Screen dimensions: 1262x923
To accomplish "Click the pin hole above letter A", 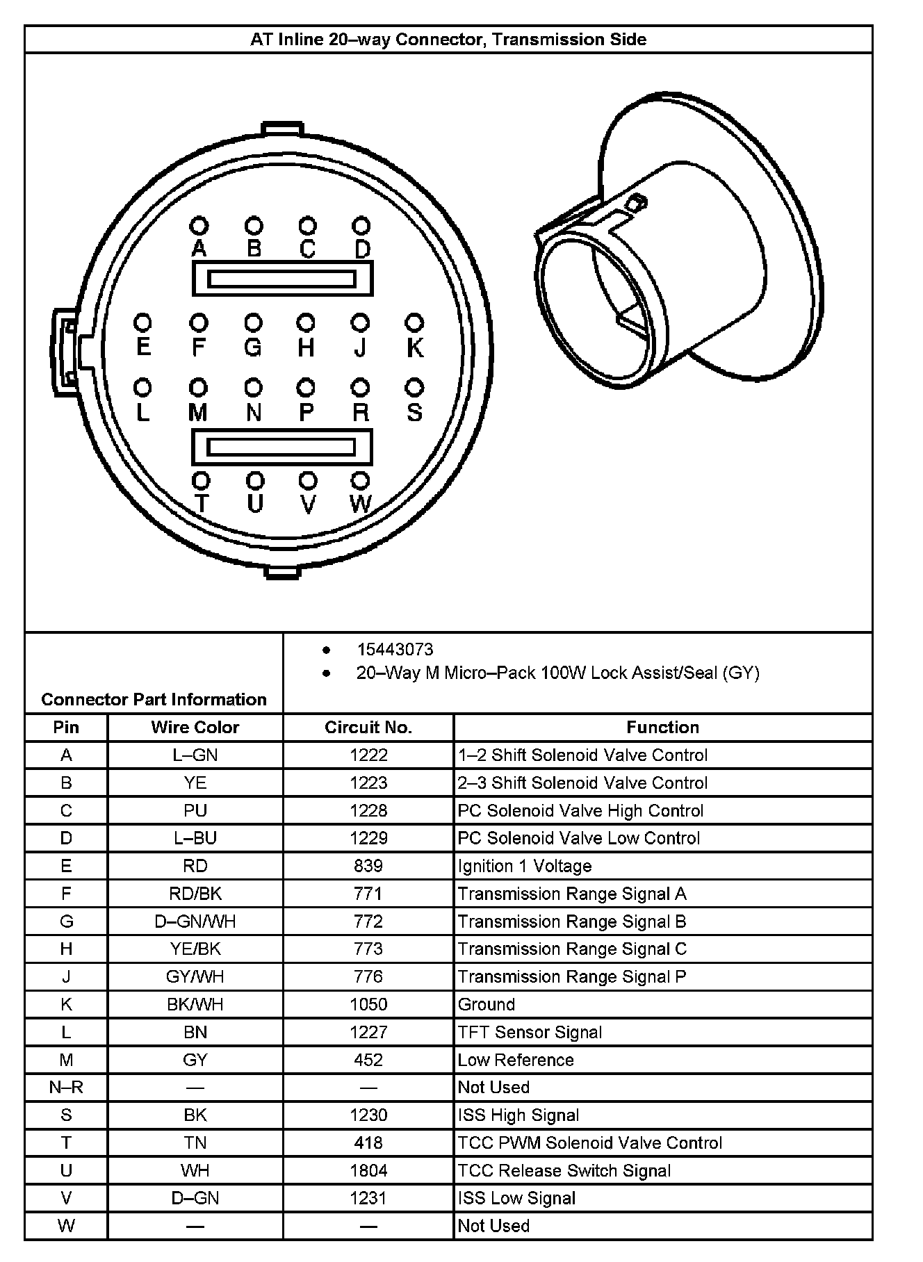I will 199,226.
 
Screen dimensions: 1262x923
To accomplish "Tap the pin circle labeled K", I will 414,322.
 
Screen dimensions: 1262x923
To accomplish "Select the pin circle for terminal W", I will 360,480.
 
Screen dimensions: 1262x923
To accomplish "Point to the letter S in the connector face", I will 414,412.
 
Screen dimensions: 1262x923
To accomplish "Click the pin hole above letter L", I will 143,386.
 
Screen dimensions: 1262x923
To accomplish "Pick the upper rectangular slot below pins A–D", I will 282,279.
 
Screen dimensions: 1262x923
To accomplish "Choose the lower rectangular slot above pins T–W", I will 281,447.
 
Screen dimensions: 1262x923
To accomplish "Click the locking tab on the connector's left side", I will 65,352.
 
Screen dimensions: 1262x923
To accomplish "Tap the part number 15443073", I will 395,649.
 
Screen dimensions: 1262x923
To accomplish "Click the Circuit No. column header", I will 368,727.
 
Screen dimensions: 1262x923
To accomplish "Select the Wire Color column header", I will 195,727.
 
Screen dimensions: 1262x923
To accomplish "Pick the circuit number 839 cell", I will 368,866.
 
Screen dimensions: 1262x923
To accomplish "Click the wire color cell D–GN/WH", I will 195,921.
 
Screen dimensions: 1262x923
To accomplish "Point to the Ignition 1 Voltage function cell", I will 525,866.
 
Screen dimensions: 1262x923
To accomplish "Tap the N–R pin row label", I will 66,1087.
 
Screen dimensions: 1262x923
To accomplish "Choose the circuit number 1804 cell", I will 368,1170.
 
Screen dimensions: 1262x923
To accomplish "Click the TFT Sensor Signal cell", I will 530,1032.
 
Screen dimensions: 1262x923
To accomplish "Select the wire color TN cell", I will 195,1142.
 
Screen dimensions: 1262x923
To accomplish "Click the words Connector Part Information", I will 154,699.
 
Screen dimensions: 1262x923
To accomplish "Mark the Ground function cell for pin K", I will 487,1004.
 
